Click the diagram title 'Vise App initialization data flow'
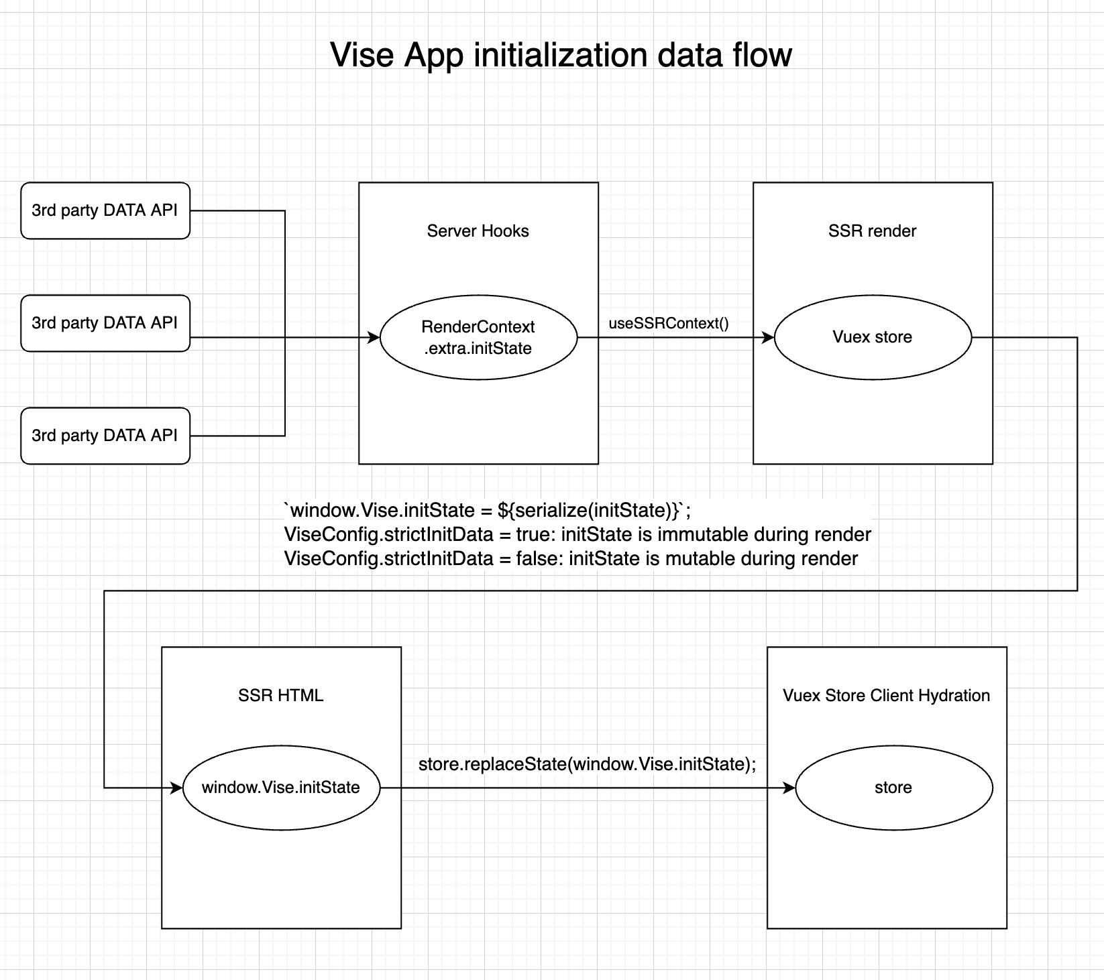pyautogui.click(x=561, y=55)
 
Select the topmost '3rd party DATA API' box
pyautogui.click(x=105, y=210)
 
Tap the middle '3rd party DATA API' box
pyautogui.click(x=105, y=323)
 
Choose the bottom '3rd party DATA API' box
pyautogui.click(x=105, y=436)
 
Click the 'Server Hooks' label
pyautogui.click(x=478, y=231)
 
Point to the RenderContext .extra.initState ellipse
pyautogui.click(x=478, y=337)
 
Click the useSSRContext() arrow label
pyautogui.click(x=668, y=323)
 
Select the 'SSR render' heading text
pyautogui.click(x=872, y=231)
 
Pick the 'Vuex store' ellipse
pyautogui.click(x=872, y=337)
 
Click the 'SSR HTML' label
pyautogui.click(x=280, y=696)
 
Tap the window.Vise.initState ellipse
pyautogui.click(x=280, y=788)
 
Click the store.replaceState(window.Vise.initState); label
pyautogui.click(x=587, y=764)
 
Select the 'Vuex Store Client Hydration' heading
pyautogui.click(x=886, y=696)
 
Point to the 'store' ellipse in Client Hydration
pyautogui.click(x=893, y=788)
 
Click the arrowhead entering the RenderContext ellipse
pyautogui.click(x=374, y=338)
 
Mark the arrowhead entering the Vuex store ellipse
pyautogui.click(x=769, y=338)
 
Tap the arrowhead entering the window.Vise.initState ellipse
pyautogui.click(x=177, y=788)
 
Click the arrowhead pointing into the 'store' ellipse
pyautogui.click(x=789, y=788)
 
